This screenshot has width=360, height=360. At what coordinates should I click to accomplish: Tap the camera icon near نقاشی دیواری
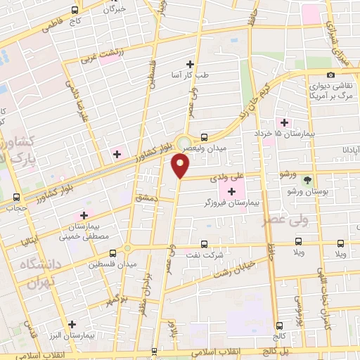click(330, 75)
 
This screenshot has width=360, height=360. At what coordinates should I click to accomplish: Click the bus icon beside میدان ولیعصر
click(204, 136)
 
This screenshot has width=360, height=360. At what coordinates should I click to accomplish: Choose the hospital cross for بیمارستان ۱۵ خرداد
click(283, 123)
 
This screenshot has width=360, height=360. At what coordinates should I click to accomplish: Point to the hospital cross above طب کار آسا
click(190, 63)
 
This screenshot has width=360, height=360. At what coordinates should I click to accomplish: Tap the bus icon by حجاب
click(15, 197)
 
